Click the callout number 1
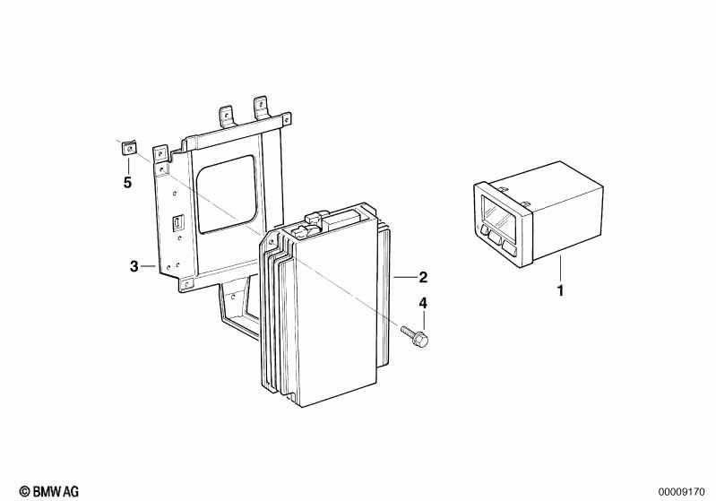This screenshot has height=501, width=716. click(560, 290)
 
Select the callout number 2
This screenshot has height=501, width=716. click(423, 277)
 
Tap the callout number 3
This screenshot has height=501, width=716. click(134, 266)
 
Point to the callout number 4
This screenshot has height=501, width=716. click(423, 303)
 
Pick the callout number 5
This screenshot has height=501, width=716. click(127, 183)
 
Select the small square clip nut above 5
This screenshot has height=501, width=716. click(129, 149)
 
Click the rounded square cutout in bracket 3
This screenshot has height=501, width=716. click(228, 194)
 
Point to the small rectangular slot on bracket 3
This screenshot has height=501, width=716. click(177, 222)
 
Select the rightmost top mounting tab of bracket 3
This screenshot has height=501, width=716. click(261, 108)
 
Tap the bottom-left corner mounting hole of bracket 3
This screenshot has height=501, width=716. click(185, 285)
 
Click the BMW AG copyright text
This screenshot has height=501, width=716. click(49, 491)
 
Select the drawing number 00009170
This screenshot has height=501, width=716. click(681, 492)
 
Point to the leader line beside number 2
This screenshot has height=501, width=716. click(404, 277)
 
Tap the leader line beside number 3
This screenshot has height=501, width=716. click(149, 265)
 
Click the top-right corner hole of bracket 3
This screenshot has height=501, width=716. click(286, 120)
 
